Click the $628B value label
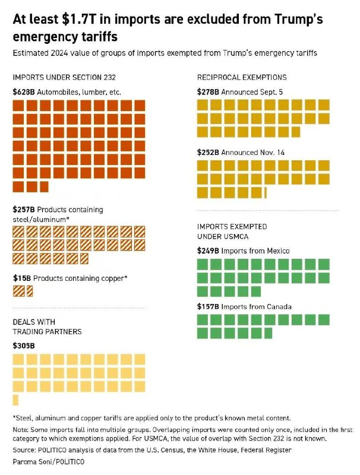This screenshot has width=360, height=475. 24,92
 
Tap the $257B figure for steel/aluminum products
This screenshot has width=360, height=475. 24,210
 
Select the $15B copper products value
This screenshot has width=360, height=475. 22,278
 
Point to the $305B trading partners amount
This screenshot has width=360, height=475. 24,346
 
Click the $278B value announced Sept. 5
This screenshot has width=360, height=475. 208,92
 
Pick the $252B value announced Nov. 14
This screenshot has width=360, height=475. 208,153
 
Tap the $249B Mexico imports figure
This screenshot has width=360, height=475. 208,251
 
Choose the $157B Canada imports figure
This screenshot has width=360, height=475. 208,306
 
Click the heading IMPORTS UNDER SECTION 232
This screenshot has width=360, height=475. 64,78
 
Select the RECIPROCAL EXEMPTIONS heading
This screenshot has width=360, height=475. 242,78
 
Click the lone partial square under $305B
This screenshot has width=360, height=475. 15,400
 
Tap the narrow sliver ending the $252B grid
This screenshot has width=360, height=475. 266,192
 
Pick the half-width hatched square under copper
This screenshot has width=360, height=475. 30,291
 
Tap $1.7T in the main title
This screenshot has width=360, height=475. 77,19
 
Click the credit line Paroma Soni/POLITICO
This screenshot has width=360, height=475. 49,462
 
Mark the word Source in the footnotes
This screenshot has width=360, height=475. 24,450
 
